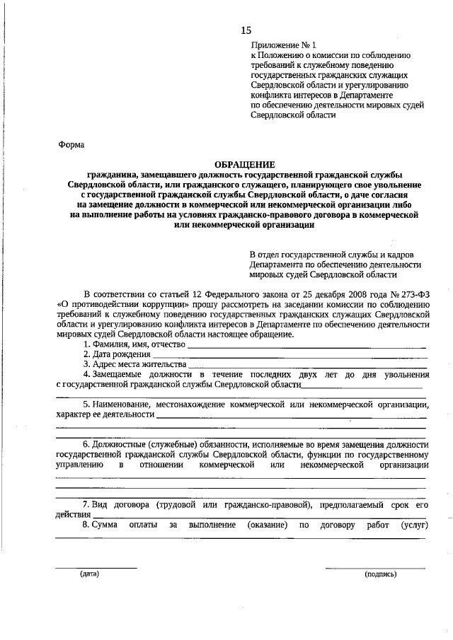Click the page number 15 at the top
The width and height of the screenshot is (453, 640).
point(246,30)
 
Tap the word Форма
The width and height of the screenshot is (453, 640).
point(71,145)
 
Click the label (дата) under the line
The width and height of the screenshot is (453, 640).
point(89,574)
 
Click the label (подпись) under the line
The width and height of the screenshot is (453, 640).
point(380,574)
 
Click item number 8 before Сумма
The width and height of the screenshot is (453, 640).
point(85,525)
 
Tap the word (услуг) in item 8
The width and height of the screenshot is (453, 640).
point(414,525)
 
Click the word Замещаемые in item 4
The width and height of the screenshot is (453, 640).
point(118,374)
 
